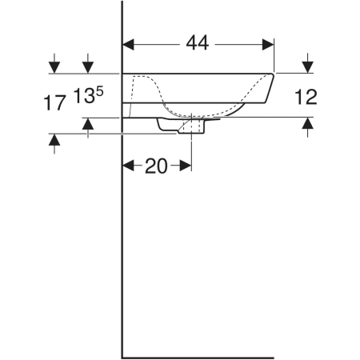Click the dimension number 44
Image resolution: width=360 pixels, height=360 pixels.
point(198,43)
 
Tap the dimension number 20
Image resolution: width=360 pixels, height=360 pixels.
point(156,166)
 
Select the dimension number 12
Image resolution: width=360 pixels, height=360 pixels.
point(306,97)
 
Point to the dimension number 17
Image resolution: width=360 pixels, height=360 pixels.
point(54,102)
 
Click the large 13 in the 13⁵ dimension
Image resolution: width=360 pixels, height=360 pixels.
point(84,96)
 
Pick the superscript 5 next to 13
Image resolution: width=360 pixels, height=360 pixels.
point(100,91)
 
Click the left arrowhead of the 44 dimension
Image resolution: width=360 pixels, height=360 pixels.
point(128,45)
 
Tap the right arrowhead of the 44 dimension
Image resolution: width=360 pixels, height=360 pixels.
point(268,45)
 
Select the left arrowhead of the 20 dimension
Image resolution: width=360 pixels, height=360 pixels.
point(128,166)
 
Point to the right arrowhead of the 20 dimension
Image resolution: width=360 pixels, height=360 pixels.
point(186,166)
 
